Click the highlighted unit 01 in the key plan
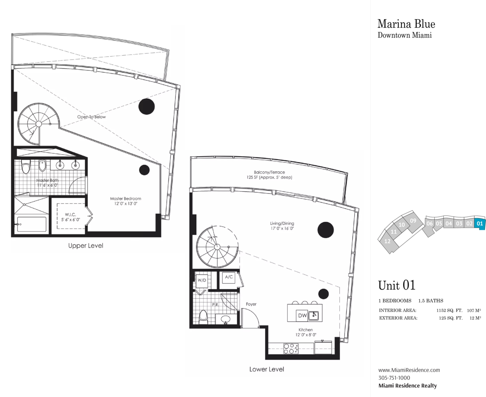click(480, 223)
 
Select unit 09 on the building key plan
click(413, 221)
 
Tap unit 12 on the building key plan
click(388, 241)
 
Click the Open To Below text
click(91, 117)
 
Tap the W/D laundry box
click(202, 280)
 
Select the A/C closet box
click(229, 277)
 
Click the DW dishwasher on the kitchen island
click(302, 316)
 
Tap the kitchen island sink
click(314, 315)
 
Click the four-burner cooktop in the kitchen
click(291, 349)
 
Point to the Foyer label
click(251, 304)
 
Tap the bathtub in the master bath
click(31, 224)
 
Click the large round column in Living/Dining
click(325, 230)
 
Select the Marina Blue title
click(406, 24)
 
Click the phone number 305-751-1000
click(394, 378)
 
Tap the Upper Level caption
click(86, 246)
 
